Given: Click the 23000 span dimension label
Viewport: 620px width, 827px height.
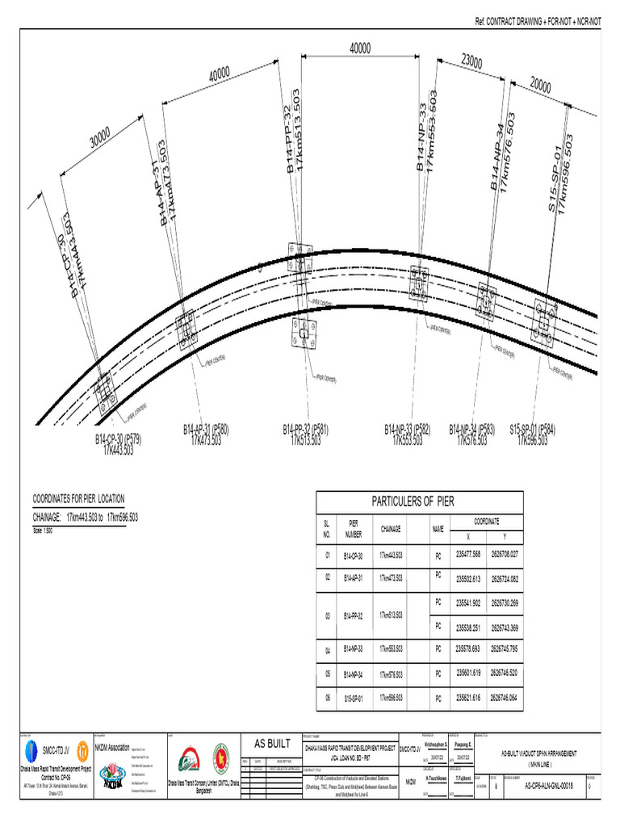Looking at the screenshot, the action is (x=471, y=62).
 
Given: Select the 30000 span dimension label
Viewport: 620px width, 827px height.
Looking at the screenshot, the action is (x=100, y=142).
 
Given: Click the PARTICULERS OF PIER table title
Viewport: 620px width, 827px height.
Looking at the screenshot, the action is (x=413, y=502).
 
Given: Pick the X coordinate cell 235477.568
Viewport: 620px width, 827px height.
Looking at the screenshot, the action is (x=468, y=554).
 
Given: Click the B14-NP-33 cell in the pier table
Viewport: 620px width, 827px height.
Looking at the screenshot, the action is (x=354, y=649).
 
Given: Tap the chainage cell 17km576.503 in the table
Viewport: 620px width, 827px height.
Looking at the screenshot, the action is (x=391, y=673).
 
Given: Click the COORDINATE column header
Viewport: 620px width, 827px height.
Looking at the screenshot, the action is (x=485, y=522).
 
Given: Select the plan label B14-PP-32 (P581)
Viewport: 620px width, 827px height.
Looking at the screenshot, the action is (x=304, y=429).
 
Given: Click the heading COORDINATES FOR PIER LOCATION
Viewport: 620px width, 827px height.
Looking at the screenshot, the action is (x=78, y=498).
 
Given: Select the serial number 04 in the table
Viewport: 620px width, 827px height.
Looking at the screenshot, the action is (x=328, y=650).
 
